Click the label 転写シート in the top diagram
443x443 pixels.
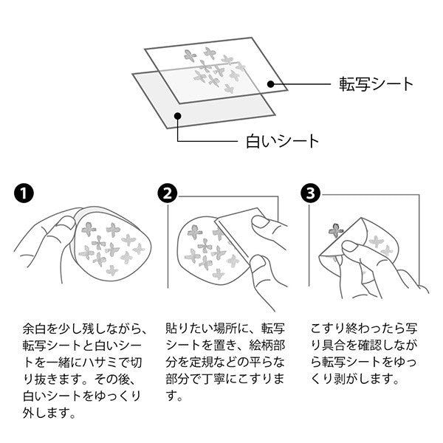(376, 84)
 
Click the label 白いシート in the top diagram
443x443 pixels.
(282, 141)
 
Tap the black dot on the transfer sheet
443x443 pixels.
(271, 84)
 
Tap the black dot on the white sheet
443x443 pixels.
(177, 116)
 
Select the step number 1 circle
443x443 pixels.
(24, 193)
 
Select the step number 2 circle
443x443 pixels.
(168, 193)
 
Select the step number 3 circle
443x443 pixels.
(311, 193)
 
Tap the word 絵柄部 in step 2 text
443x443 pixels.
(267, 346)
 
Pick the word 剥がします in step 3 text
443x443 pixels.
(363, 380)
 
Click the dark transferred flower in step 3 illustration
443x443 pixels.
(336, 230)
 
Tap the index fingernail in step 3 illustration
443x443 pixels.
(350, 247)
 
